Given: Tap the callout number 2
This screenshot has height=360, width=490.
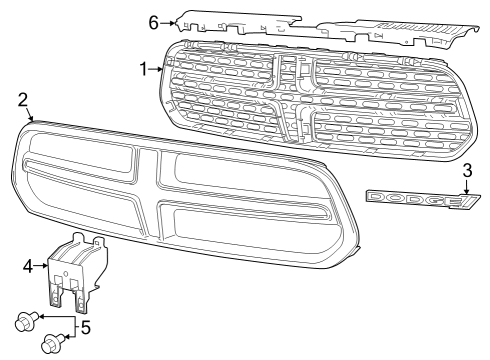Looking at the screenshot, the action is (x=23, y=100).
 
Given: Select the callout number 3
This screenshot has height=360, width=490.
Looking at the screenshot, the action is (x=466, y=171).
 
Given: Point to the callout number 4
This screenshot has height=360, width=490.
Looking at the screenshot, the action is (x=28, y=265).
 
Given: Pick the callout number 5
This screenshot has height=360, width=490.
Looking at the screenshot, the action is (x=85, y=327).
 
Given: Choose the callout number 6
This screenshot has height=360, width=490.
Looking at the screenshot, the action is (x=153, y=21).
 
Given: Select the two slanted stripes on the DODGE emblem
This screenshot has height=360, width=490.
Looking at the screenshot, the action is (x=467, y=203).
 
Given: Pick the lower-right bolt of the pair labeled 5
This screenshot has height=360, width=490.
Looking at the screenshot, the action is (x=48, y=346).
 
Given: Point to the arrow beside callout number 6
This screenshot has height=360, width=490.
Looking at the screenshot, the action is (x=169, y=22).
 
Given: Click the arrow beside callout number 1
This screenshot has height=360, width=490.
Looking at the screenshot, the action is (x=158, y=69).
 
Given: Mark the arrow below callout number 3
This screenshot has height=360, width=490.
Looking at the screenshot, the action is (x=466, y=187).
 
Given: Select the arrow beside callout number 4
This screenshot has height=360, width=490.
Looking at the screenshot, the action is (x=43, y=265).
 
